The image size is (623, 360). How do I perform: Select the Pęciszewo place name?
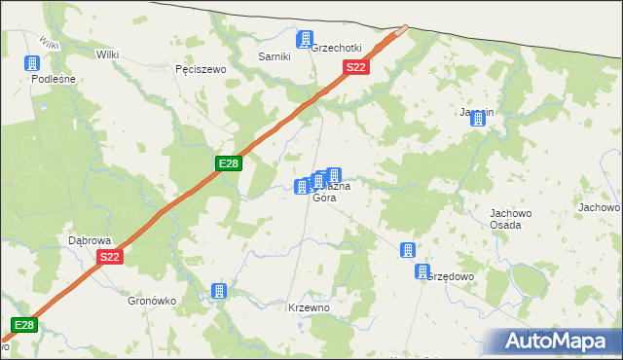(200, 70)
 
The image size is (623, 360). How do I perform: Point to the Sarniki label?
(275, 56)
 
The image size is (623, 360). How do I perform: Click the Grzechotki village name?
(337, 48)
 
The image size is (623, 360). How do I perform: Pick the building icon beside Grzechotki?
(306, 40)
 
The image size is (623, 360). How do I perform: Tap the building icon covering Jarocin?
(478, 118)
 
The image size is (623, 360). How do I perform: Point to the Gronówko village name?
(152, 301)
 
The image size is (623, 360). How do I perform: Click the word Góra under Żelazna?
(324, 198)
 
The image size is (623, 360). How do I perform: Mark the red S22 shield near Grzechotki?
(356, 67)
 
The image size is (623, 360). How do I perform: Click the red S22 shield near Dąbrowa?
(109, 257)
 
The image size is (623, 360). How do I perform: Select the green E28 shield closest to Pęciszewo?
(228, 163)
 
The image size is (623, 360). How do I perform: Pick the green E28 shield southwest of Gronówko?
(24, 325)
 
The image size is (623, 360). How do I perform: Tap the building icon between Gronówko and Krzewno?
(220, 291)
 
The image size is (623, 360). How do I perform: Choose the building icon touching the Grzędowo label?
(422, 272)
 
